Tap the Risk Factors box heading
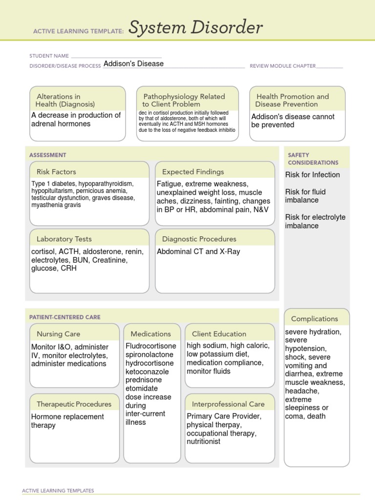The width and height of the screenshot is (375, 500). (56, 172)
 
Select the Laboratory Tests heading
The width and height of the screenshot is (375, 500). (64, 239)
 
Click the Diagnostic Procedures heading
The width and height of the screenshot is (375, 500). (199, 239)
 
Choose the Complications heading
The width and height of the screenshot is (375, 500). (314, 319)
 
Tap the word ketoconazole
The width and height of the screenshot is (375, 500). (147, 372)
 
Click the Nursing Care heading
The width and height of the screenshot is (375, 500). (59, 334)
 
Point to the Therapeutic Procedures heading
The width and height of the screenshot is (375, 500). (74, 404)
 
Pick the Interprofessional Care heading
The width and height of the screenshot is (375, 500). (229, 404)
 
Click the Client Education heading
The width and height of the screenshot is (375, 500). (219, 334)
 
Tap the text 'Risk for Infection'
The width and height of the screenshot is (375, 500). (312, 175)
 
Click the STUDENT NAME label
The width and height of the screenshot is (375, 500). (49, 56)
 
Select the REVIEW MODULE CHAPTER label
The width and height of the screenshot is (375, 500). (283, 66)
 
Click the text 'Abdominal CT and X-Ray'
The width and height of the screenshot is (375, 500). (199, 252)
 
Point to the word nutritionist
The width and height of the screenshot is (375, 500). (204, 441)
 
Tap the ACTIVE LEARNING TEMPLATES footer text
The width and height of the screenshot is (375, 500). (58, 491)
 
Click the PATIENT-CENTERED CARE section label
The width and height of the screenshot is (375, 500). (65, 317)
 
